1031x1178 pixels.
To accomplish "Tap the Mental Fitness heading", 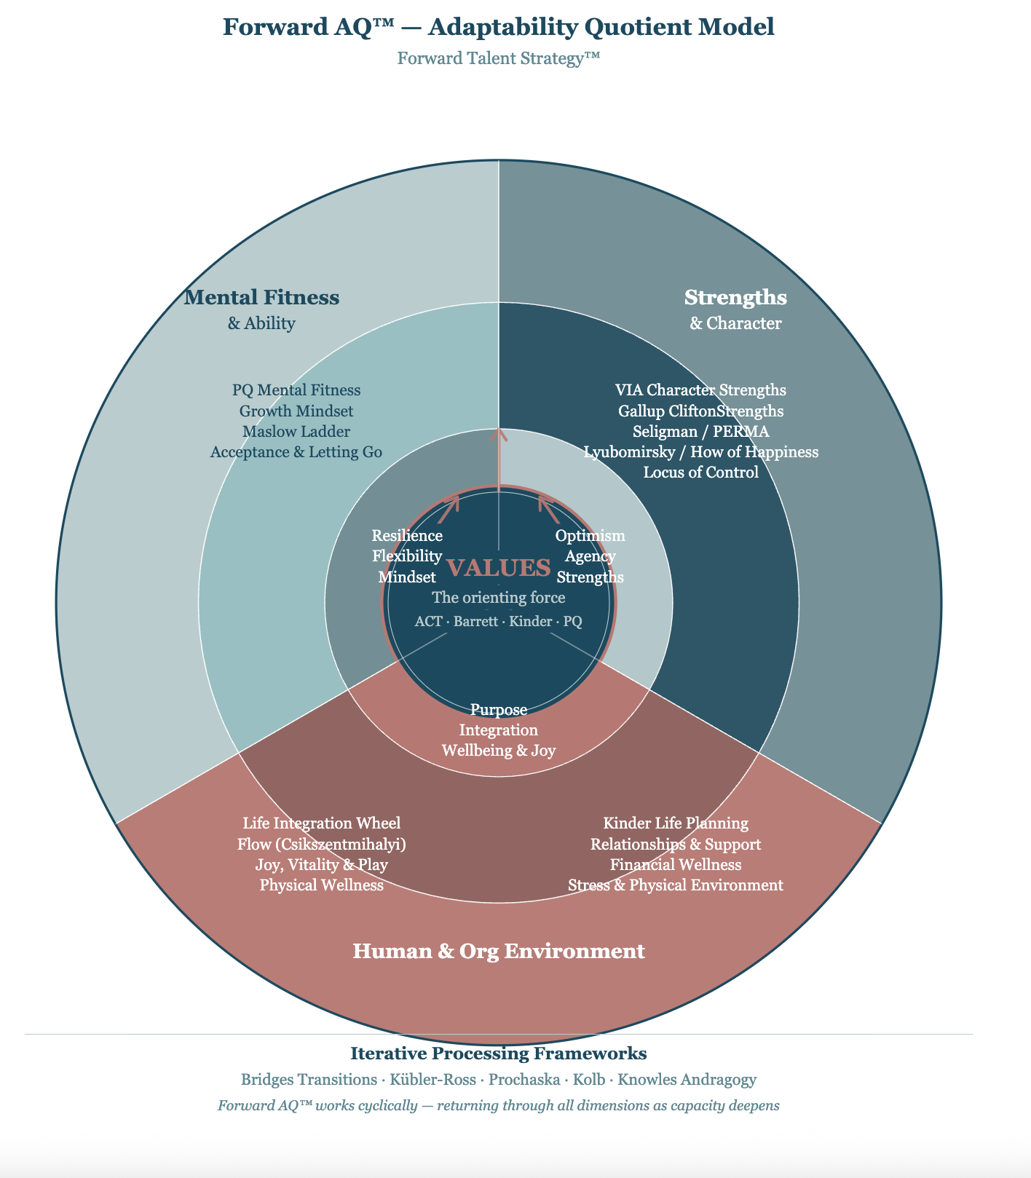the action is point(261,297).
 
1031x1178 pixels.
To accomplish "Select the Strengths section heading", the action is point(736,298).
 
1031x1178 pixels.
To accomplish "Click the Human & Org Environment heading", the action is point(499,952).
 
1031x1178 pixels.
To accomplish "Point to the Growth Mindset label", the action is point(296,411).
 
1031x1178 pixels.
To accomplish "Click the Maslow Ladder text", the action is point(296,432).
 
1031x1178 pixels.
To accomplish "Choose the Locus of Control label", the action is point(701,473).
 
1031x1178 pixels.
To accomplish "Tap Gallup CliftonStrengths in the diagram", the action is point(701,411).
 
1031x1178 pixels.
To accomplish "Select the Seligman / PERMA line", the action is point(701,432).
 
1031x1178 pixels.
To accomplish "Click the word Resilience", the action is point(407,536).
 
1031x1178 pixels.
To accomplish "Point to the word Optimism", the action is point(590,536).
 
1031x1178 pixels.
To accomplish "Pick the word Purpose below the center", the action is point(499,710).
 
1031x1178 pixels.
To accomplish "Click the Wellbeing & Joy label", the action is point(499,751).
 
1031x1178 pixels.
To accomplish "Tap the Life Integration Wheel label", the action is point(322,823).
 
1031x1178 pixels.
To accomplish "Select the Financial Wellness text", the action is point(676,865).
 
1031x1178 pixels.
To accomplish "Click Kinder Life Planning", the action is point(676,823).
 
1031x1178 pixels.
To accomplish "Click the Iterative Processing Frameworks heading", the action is point(499,1054).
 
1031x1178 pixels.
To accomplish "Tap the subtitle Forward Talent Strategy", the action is point(499,58).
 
